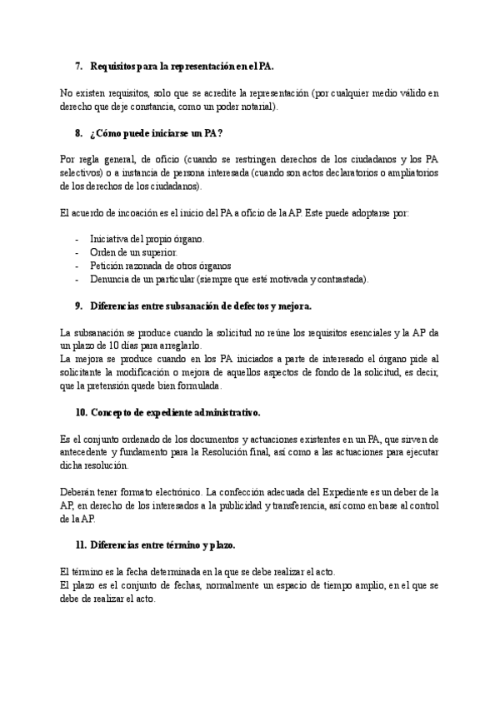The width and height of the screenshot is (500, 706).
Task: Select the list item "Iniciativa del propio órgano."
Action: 141,239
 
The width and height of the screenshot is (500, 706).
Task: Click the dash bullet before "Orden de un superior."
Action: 77,252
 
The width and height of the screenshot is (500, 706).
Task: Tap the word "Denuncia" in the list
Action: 112,279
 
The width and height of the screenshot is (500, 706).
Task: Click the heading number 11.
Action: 80,544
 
